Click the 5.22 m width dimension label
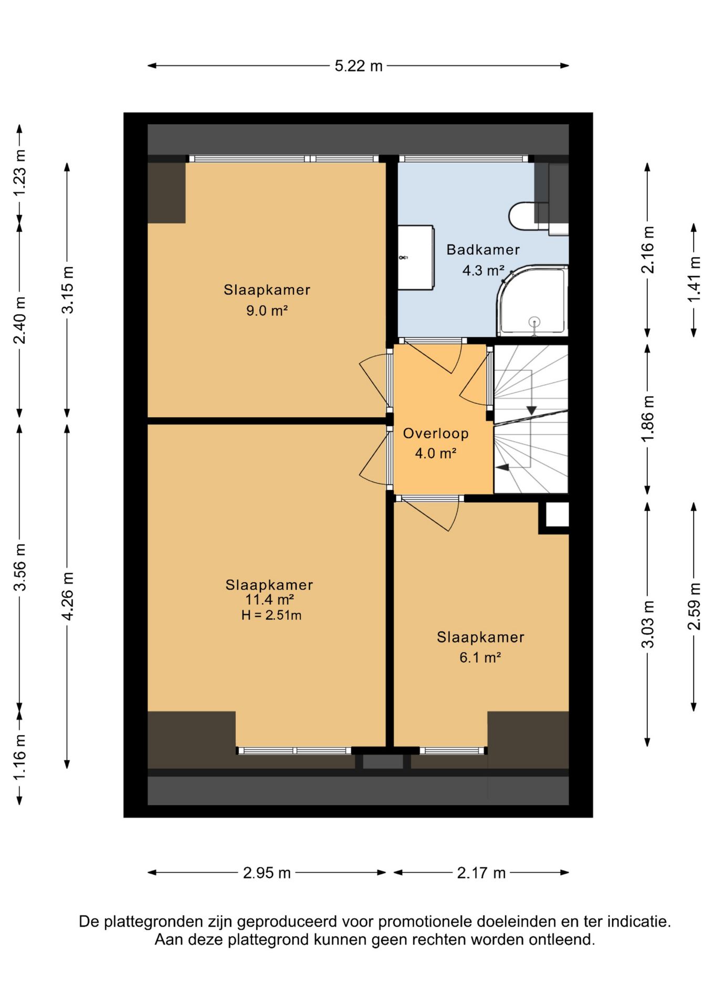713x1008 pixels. [359, 66]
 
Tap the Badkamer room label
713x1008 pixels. [483, 250]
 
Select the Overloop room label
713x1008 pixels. [436, 434]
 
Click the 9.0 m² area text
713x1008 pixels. [267, 310]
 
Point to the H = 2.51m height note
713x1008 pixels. [271, 615]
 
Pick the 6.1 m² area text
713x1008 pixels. [480, 657]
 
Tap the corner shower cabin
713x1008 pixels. [532, 300]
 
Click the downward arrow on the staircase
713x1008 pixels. [531, 409]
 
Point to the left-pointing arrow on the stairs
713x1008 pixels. [503, 467]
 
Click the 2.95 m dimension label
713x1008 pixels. [267, 873]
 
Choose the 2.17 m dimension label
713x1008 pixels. [481, 873]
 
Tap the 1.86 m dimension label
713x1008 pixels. [648, 419]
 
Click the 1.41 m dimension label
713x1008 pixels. [694, 279]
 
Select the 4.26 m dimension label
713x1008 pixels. [67, 596]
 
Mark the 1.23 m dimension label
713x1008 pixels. [19, 173]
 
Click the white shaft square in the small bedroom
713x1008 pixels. [557, 515]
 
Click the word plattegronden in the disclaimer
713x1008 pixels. [152, 921]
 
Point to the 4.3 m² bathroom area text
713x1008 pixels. [483, 270]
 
